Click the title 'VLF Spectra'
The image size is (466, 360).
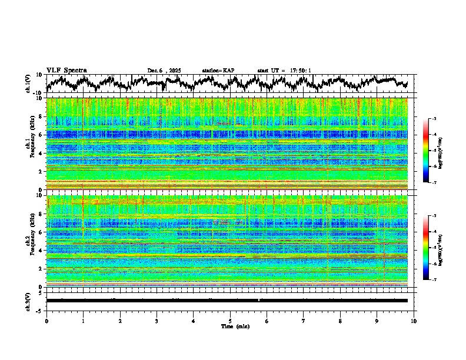66,70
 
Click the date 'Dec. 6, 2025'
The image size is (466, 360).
164,71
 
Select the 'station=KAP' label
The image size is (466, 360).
218,71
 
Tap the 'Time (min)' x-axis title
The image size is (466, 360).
230,326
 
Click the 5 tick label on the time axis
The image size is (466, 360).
230,321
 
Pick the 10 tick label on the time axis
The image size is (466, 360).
414,321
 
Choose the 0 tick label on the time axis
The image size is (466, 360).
46,321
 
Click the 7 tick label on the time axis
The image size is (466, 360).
304,321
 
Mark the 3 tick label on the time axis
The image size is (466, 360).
157,321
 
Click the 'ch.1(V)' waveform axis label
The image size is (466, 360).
28,84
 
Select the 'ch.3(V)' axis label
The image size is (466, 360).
28,301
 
